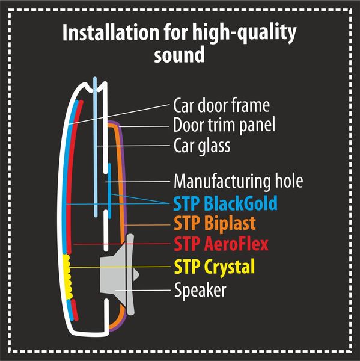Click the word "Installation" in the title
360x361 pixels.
(x=111, y=32)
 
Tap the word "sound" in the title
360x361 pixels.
(x=180, y=54)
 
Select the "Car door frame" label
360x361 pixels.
(x=222, y=105)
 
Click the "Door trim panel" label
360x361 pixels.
(x=224, y=125)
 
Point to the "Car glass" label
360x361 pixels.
(x=202, y=146)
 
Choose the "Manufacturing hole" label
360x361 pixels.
(x=239, y=181)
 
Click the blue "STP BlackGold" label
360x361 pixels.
(x=225, y=203)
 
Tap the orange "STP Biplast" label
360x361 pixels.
(x=215, y=223)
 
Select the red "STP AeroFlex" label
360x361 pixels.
(x=221, y=244)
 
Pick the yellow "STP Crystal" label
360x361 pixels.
(x=215, y=267)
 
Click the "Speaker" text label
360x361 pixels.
(x=200, y=290)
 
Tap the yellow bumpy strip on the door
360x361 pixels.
(x=67, y=277)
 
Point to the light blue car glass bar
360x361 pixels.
(x=95, y=147)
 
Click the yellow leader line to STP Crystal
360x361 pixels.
(x=120, y=267)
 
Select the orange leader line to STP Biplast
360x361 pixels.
(x=147, y=224)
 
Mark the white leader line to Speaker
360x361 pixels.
(x=143, y=290)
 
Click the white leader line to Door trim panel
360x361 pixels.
(x=144, y=126)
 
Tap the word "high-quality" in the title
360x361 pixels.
(x=244, y=33)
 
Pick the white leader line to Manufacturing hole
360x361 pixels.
(x=138, y=182)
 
